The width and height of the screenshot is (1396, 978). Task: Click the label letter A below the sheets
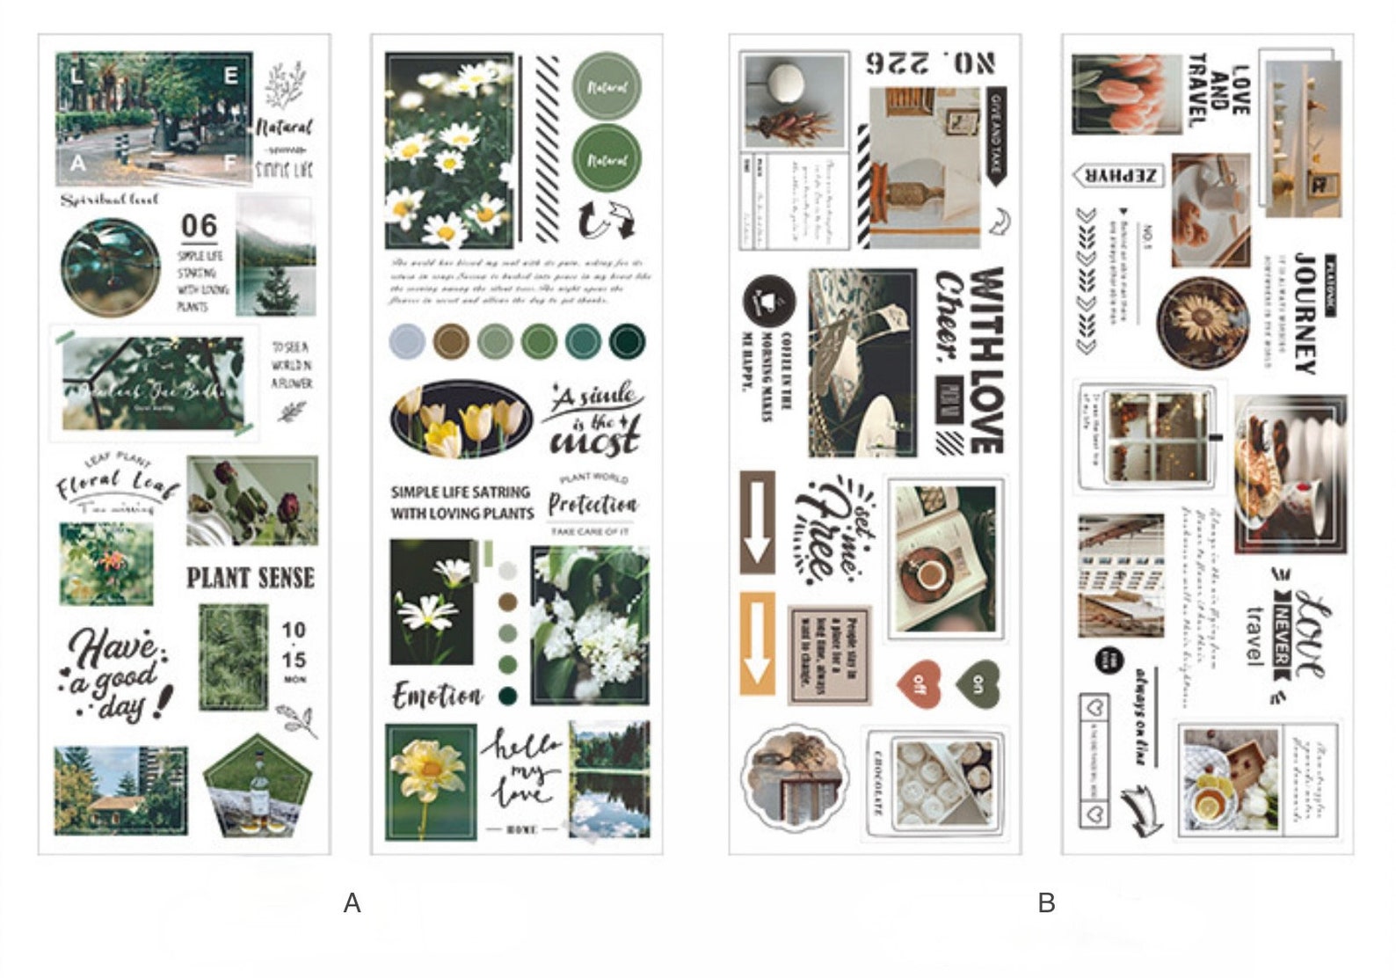352,903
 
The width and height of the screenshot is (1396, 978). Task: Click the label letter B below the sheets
1046,903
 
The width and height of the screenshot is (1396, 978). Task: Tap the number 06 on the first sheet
199,226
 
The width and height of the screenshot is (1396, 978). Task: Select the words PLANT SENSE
251,578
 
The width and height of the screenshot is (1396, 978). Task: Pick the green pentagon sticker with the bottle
258,785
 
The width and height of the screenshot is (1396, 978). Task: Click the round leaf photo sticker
111,267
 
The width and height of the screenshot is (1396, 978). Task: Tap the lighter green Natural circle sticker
606,87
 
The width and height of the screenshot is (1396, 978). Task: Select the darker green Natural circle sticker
606,159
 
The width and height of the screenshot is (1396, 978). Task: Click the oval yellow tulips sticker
461,419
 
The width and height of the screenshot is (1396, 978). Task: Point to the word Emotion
437,697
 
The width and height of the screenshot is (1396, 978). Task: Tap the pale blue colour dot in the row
407,341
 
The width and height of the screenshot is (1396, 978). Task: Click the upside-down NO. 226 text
930,62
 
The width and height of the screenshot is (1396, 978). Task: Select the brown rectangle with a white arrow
757,522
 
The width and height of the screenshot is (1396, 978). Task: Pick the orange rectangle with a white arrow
757,644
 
